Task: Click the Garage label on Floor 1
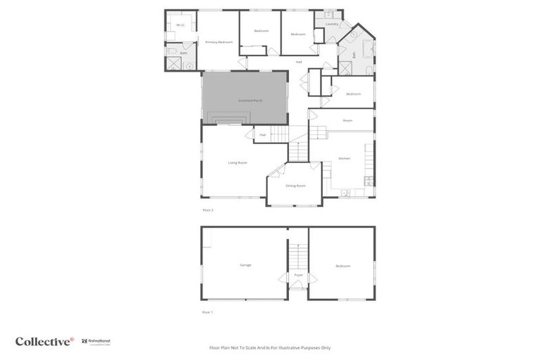coord(245,265)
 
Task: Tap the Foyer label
coord(298,274)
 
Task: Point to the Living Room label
coord(237,162)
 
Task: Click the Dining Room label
coord(295,186)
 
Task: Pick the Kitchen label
coord(345,158)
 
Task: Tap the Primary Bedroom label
coord(219,42)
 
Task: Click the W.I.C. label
coord(180,25)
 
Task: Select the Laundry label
coord(332,24)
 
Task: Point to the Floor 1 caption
coord(207,311)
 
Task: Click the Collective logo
coord(44,342)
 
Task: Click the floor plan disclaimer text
coord(270,347)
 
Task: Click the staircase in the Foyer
coord(298,254)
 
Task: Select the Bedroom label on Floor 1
coord(342,266)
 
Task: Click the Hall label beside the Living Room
coord(262,134)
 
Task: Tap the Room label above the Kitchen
coord(347,120)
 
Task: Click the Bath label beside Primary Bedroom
coord(184,53)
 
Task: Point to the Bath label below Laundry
coord(354,54)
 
